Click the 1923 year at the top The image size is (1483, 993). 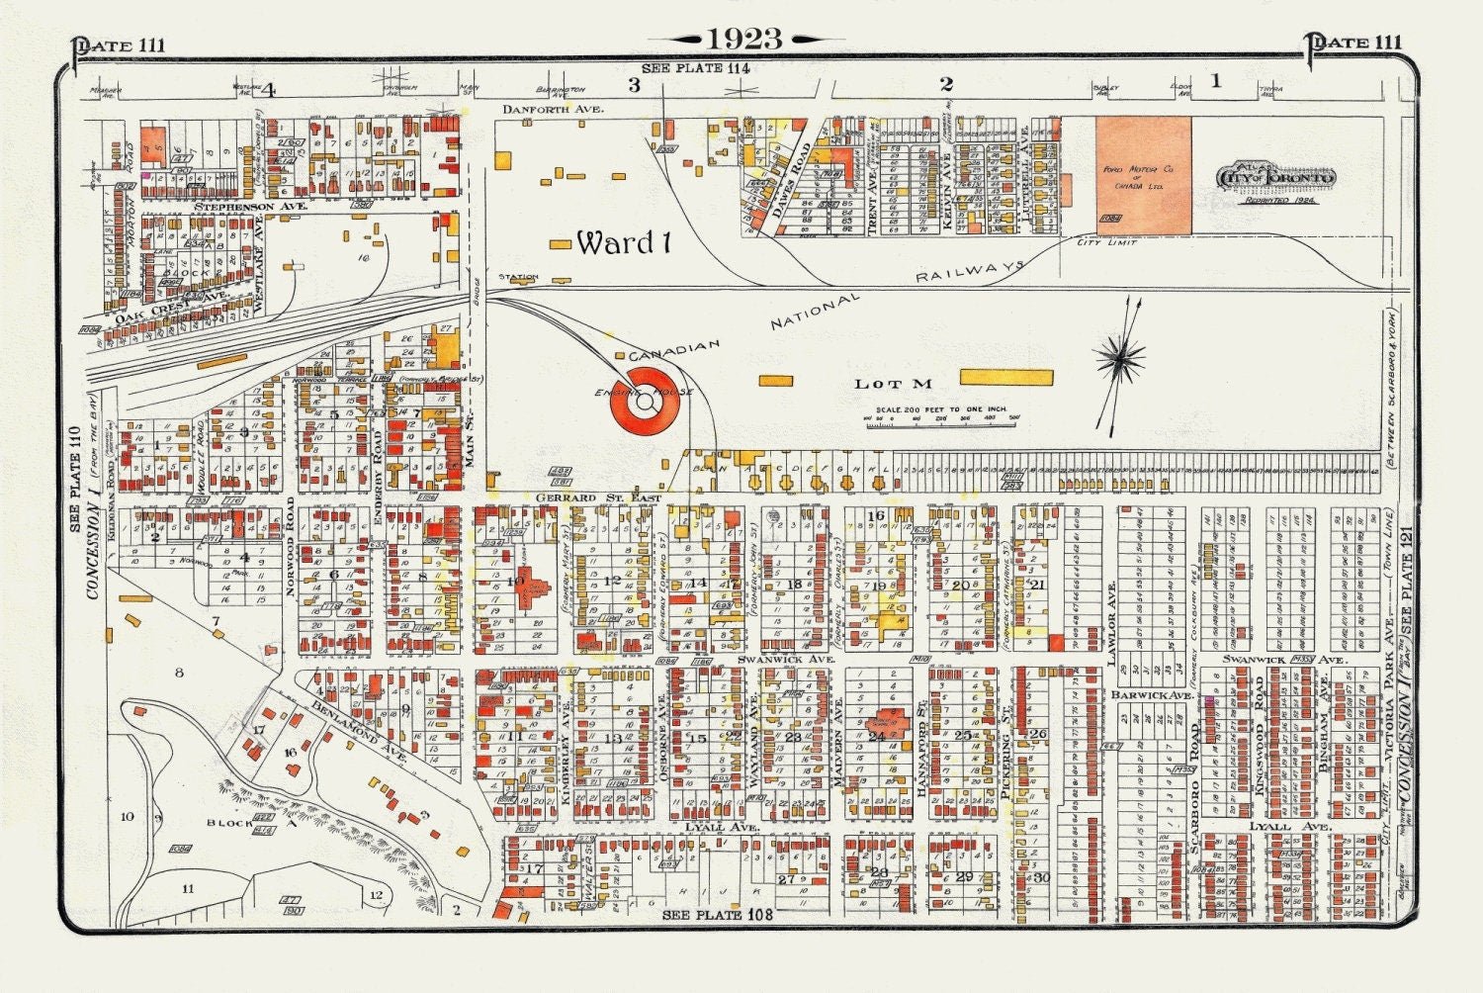click(x=745, y=39)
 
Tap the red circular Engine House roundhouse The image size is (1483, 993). click(x=645, y=401)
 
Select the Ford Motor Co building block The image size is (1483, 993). click(x=1143, y=176)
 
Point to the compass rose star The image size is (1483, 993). click(x=1120, y=357)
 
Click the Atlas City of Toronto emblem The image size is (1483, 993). click(x=1276, y=179)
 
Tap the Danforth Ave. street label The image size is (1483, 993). click(x=553, y=109)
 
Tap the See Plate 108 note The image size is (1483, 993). click(x=716, y=915)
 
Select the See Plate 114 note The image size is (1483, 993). click(x=695, y=68)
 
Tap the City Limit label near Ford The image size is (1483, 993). click(x=1106, y=242)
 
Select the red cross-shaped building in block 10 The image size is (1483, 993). click(x=536, y=584)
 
